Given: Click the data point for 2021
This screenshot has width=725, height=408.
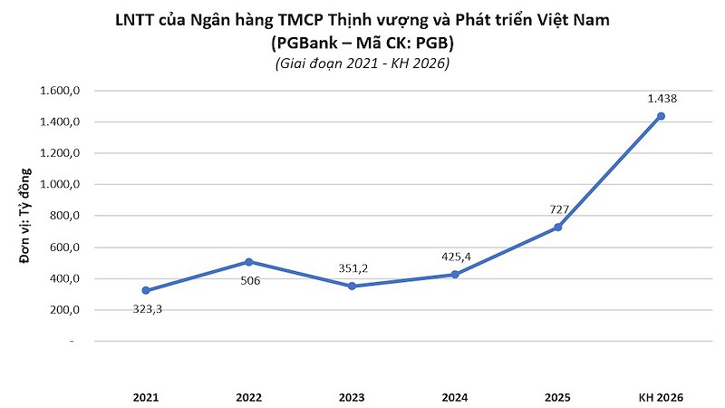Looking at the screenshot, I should tap(146, 291).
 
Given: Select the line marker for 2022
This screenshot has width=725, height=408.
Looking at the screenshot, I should tap(249, 262).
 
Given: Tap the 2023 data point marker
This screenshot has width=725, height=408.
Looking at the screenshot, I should tap(353, 287).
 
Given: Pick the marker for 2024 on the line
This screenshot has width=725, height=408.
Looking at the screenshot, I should tap(455, 275).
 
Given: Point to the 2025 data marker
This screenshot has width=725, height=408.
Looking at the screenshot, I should tap(558, 227).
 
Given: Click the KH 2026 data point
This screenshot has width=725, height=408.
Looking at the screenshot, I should tap(661, 116).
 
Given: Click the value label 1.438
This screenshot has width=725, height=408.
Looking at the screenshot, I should tap(662, 99).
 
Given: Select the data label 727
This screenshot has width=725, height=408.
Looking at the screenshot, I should tap(559, 209).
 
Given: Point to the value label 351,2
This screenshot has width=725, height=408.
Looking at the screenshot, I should tap(353, 268).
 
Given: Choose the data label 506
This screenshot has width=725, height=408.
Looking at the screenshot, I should tap(249, 281).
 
